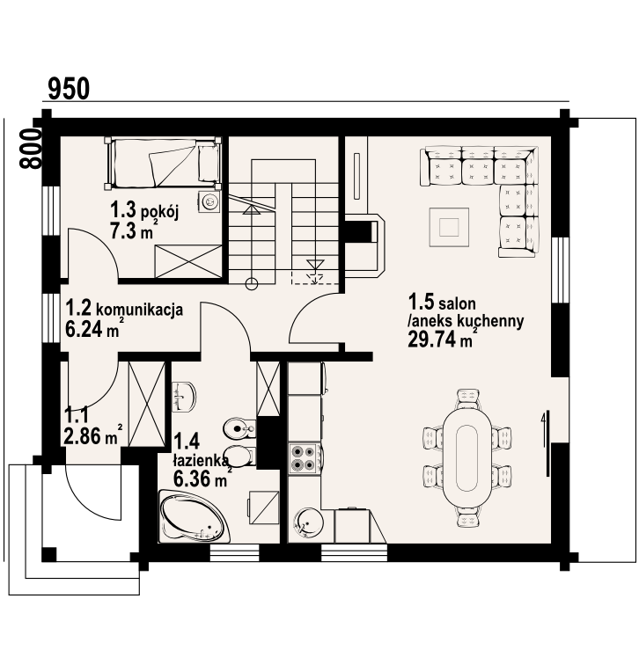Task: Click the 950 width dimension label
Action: [x=69, y=89]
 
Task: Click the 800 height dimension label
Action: [x=31, y=149]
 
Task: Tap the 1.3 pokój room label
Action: [x=144, y=210]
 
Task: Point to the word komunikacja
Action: [x=140, y=309]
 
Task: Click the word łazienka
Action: [x=201, y=460]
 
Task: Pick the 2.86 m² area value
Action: [x=92, y=435]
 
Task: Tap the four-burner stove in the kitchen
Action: [x=304, y=458]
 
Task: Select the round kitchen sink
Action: [x=307, y=522]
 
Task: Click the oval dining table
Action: [x=467, y=457]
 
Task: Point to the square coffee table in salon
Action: [x=449, y=227]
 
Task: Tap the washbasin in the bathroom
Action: [x=184, y=397]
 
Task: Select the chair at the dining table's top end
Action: [x=467, y=398]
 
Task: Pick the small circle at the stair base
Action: [x=252, y=284]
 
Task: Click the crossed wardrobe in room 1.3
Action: [x=188, y=261]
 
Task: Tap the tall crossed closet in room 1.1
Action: [x=147, y=404]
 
